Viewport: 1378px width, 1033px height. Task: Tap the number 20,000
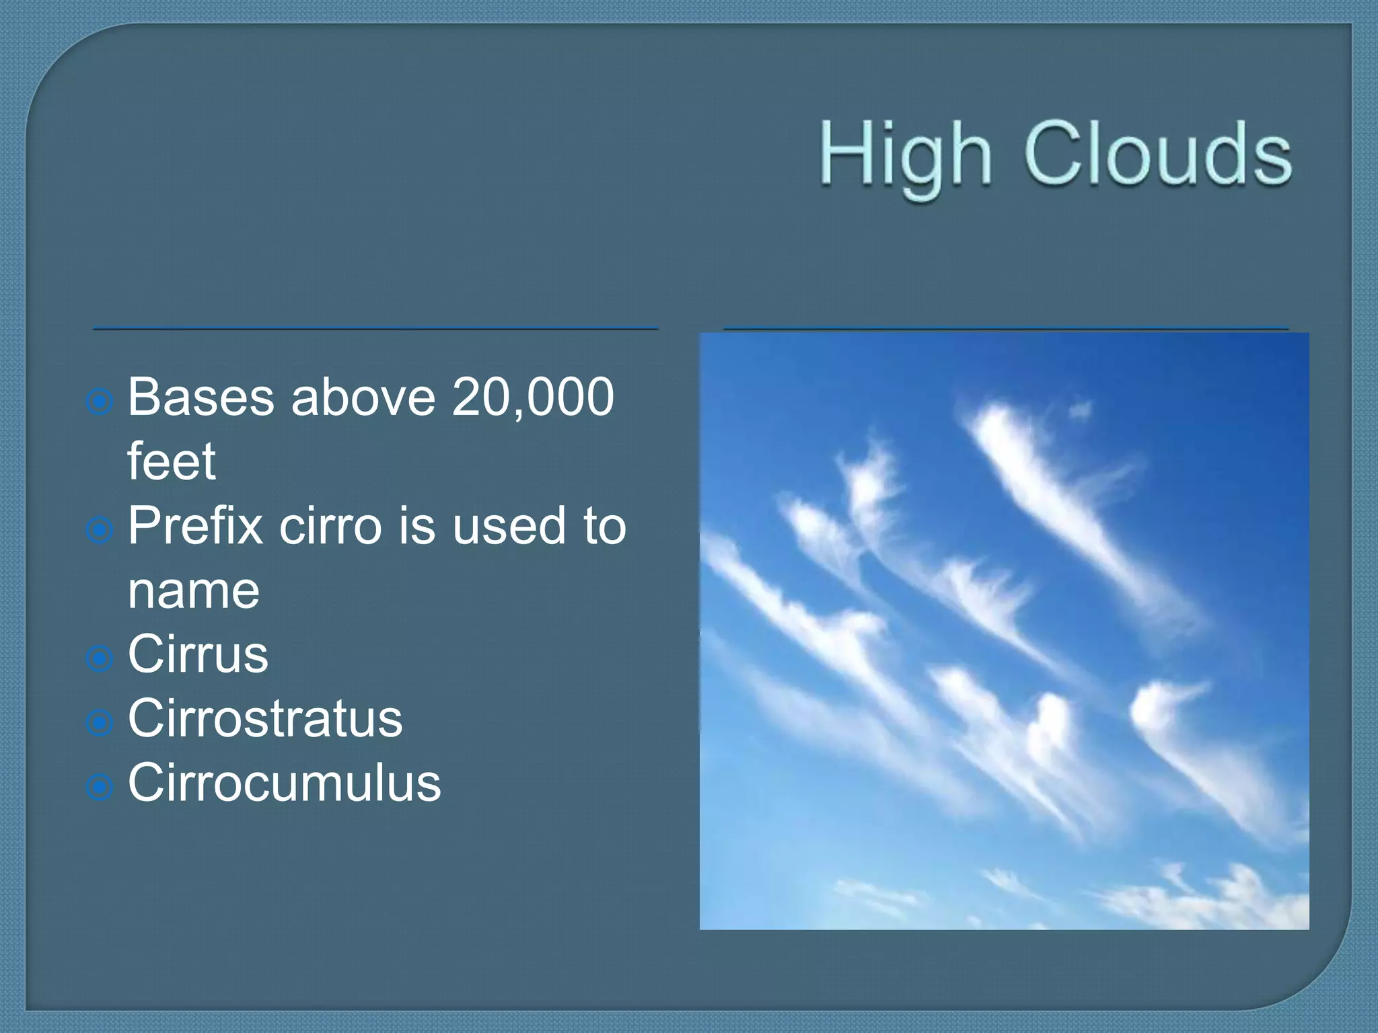533,397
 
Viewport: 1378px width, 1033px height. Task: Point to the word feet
172,461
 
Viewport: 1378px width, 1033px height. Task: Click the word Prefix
196,526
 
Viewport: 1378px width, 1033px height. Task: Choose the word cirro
330,526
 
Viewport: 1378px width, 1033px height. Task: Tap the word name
194,590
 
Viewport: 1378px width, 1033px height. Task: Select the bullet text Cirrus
198,654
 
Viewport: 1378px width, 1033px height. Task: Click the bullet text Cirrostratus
265,718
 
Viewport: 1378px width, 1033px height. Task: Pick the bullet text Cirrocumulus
284,783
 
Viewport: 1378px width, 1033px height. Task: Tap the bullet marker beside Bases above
100,402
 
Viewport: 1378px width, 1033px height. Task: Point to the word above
363,397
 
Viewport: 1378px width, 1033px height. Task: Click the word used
509,526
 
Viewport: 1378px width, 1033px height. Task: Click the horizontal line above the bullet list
375,329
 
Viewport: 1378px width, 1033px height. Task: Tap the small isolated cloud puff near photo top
1081,408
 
